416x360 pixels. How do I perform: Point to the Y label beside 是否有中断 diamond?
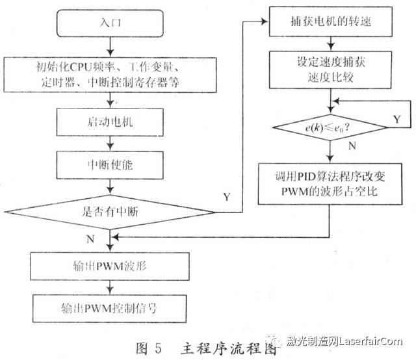[x=226, y=196]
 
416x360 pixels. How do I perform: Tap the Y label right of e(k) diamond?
[x=397, y=118]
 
